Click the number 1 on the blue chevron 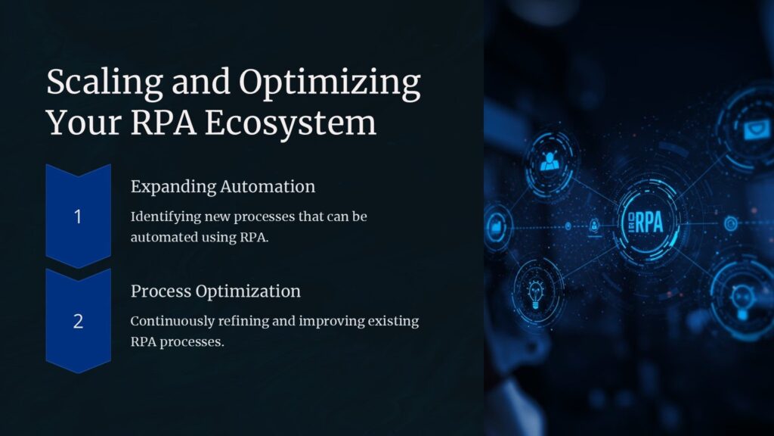78,217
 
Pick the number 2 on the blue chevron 78,321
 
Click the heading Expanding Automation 222,186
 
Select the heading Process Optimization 215,291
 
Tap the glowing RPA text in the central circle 648,222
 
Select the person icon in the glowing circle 549,160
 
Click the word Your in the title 77,123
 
